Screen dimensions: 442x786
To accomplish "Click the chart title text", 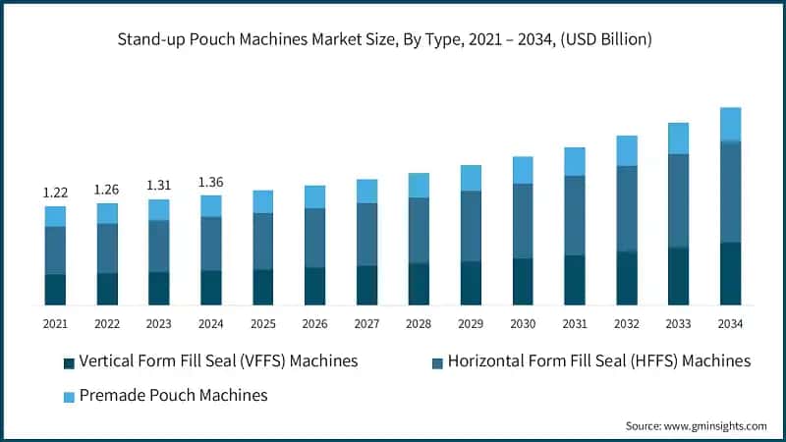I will coord(392,40).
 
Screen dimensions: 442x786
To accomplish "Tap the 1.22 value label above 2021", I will coord(55,193).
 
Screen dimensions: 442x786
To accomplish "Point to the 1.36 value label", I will coord(211,182).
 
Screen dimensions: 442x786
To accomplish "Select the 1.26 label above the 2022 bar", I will coord(107,190).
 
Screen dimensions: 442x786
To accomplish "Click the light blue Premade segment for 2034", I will coord(730,125).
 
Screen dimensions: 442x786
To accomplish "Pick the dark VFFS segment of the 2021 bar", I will coord(55,289).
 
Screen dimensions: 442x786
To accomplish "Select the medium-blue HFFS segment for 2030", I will coord(523,221).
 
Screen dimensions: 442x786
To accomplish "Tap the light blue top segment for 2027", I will coord(366,191).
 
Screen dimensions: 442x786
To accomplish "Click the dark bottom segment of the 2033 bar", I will coord(678,275).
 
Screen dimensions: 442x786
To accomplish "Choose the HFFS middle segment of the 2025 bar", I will coord(263,241).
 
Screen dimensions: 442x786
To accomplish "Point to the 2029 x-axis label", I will coord(471,324).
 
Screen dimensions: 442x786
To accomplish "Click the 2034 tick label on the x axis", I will coord(730,324).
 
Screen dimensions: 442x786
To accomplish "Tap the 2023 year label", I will coord(159,324).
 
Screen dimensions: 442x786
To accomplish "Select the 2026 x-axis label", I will coord(314,324).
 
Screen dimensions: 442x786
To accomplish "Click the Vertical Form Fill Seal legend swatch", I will coord(69,362).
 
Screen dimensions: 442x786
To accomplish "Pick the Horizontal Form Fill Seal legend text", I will coord(598,361).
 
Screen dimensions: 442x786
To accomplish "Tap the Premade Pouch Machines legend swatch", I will coord(69,397).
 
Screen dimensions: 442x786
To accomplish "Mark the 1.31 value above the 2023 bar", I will coord(159,186).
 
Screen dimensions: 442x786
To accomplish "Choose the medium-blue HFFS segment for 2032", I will coord(626,208).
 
